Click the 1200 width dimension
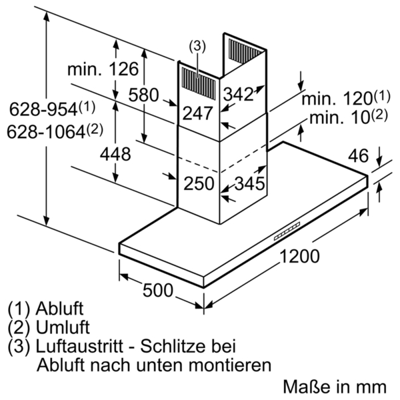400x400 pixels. pos(299,256)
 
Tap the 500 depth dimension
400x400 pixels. pos(157,290)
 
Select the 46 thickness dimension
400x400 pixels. pos(359,155)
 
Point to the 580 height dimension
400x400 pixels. pos(143,95)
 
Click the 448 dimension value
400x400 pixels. pos(115,154)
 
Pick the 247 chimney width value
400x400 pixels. pos(198,113)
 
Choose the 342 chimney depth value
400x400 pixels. pos(238,94)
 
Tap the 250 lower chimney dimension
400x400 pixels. pos(199,183)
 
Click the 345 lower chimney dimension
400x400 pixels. pos(249,183)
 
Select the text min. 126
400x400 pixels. pos(103,69)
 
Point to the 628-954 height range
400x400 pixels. pos(52,109)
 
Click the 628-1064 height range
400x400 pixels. pos(55,131)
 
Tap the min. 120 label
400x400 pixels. pos(346,98)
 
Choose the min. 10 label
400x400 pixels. pos(349,117)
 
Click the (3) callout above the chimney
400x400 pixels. pos(197,47)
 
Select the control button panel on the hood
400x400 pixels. pos(287,231)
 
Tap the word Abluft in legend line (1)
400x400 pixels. pos(59,309)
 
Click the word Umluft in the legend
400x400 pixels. pos(63,327)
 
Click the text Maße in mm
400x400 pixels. pos(335,387)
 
